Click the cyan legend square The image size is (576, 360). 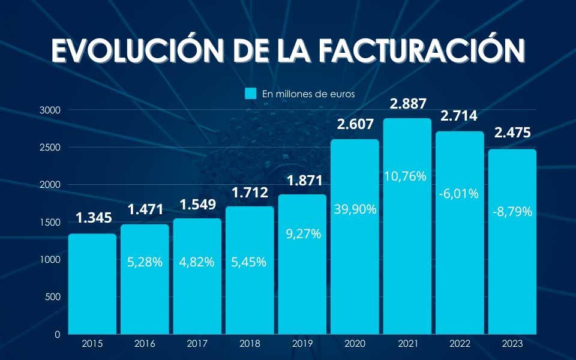251,94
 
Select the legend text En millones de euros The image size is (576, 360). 308,94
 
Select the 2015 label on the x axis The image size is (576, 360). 92,344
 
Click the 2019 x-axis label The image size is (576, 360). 302,344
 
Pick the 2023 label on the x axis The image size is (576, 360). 512,344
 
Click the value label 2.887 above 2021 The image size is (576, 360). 408,103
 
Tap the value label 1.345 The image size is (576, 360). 93,218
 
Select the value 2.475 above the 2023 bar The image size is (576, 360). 512,133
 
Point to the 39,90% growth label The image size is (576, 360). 355,209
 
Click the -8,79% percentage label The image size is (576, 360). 512,211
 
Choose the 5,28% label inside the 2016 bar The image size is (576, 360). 145,262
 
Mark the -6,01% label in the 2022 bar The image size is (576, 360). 459,193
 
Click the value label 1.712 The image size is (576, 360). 250,193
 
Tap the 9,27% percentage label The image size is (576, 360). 302,233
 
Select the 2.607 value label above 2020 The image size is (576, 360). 355,124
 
